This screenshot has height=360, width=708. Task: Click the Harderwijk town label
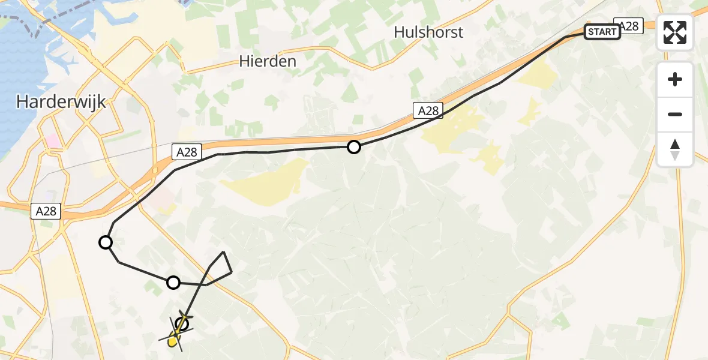coord(61,102)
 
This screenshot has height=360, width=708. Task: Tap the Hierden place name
coord(268,61)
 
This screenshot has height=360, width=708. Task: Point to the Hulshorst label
coord(428,32)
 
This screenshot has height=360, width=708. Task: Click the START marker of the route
coord(602,32)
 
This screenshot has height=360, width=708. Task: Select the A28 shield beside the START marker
coord(629,26)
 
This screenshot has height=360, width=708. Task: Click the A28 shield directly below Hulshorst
coord(428,110)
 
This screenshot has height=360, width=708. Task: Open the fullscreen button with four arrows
coord(675,32)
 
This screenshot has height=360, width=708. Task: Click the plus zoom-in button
coord(675,79)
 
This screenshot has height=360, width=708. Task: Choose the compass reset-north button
coord(675,149)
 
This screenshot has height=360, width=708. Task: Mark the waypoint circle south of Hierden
coord(354,146)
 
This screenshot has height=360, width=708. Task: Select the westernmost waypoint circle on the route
coord(106,242)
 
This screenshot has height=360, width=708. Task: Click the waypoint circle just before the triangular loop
coord(173,282)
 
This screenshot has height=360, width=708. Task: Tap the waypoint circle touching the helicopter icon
coord(182,325)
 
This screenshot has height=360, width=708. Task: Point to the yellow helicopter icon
coord(174,338)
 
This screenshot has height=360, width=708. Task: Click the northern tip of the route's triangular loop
coord(224,252)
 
